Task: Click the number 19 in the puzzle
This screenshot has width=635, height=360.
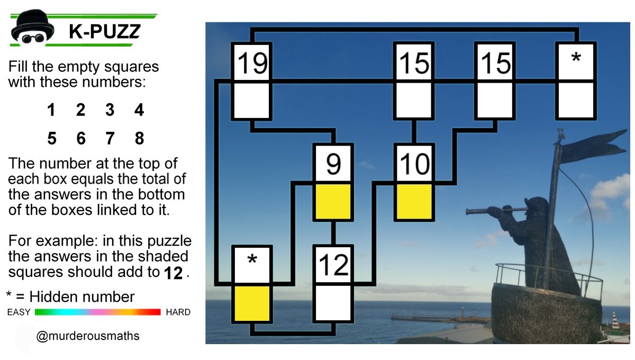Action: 252,62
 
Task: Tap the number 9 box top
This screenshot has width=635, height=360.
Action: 333,164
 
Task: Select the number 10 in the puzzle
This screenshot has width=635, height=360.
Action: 414,164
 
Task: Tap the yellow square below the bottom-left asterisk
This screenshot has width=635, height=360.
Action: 252,303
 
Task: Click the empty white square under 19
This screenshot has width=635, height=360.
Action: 252,101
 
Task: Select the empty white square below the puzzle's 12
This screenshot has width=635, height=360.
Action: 333,303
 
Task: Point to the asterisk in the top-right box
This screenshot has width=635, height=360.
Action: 576,58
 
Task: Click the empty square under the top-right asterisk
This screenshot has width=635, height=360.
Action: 576,101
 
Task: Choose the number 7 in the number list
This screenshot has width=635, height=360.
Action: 110,138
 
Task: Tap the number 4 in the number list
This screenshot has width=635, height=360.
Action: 139,110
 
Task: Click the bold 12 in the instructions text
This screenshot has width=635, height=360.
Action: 173,273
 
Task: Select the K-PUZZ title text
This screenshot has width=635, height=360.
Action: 105,31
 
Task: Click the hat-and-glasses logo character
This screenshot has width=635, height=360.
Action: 32,28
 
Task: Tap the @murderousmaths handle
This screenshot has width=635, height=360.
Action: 88,336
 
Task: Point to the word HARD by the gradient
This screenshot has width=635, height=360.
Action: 178,312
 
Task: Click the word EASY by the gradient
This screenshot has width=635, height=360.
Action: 19,312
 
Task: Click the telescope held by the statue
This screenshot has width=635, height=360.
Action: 496,211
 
